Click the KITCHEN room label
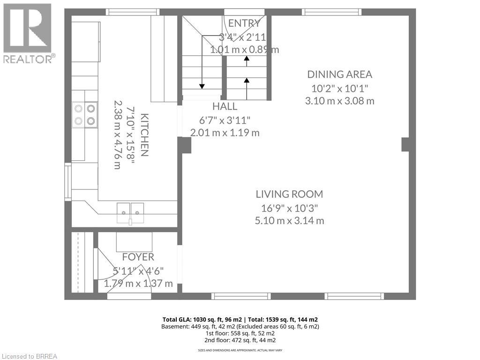point(144,135)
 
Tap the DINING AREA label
point(339,75)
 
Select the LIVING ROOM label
point(289,194)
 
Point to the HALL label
point(225,106)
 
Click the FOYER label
point(138,257)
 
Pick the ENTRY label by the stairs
point(244,23)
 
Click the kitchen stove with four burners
point(85,115)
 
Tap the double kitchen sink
point(130,212)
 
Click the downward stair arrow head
point(202,87)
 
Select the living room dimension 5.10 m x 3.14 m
point(289,220)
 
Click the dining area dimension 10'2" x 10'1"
point(339,89)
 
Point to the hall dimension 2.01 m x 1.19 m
point(225,133)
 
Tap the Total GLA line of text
point(240,320)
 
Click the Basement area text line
point(240,327)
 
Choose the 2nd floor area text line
point(240,340)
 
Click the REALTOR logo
point(29,33)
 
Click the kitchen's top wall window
point(133,12)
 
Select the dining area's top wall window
point(332,12)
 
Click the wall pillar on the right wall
point(405,144)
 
